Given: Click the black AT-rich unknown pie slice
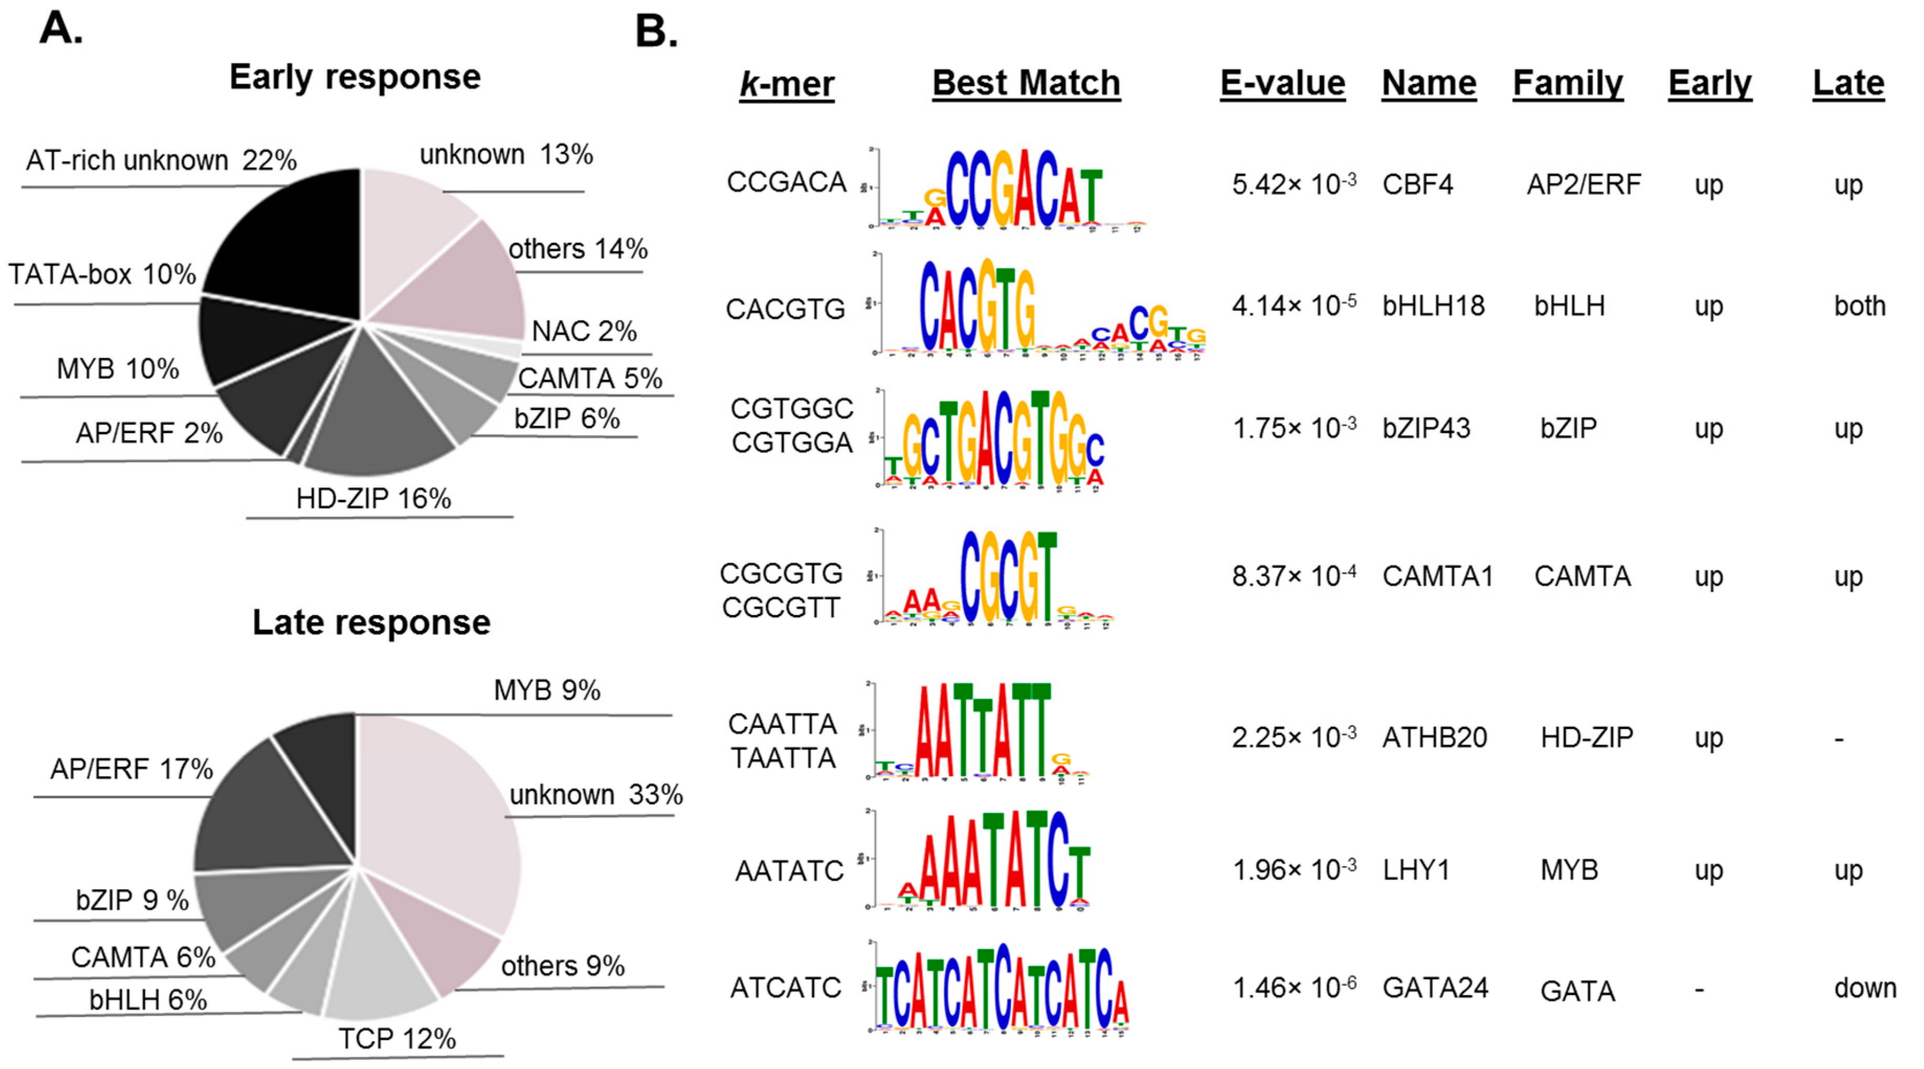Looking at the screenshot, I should pyautogui.click(x=292, y=239).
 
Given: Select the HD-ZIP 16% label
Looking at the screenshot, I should pyautogui.click(x=374, y=498).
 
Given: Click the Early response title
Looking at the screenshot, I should pyautogui.click(x=355, y=77).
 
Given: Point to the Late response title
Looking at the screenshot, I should pyautogui.click(x=371, y=622).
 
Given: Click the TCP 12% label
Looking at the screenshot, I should pyautogui.click(x=397, y=1038).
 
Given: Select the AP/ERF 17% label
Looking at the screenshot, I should pyautogui.click(x=131, y=769).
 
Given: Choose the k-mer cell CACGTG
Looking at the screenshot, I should pyautogui.click(x=785, y=309).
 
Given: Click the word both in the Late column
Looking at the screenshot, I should pyautogui.click(x=1859, y=306).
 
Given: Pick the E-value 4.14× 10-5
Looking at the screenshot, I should pyautogui.click(x=1294, y=306).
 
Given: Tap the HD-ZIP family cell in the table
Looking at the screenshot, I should pyautogui.click(x=1586, y=737).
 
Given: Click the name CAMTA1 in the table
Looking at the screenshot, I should pyautogui.click(x=1437, y=576).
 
